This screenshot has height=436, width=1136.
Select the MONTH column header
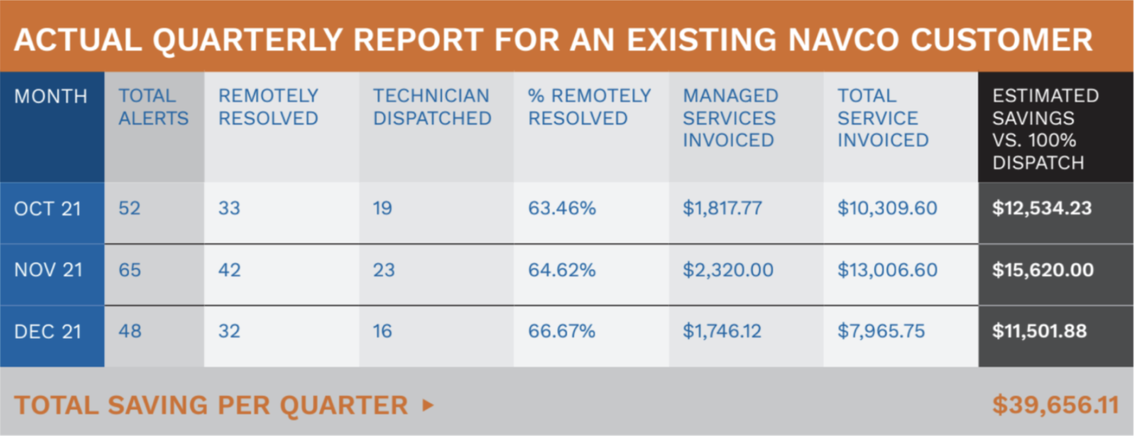click(x=50, y=96)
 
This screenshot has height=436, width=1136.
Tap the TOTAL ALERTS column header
click(x=153, y=107)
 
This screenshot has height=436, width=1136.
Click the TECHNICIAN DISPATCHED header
click(x=432, y=107)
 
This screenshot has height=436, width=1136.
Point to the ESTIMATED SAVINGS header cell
click(x=1045, y=129)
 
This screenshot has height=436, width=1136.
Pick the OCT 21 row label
click(x=48, y=209)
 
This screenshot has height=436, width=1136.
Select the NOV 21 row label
click(x=48, y=270)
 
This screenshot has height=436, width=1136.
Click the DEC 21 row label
click(x=48, y=331)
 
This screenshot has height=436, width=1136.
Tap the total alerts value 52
click(x=129, y=208)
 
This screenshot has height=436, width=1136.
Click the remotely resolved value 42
click(x=229, y=270)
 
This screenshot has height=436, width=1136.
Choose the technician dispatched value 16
click(x=382, y=331)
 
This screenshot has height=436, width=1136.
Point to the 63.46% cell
click(x=561, y=208)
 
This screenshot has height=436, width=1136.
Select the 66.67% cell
click(x=561, y=331)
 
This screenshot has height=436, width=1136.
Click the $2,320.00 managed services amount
click(x=727, y=270)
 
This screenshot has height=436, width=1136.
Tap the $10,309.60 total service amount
click(x=887, y=208)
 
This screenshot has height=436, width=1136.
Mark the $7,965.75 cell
click(x=881, y=331)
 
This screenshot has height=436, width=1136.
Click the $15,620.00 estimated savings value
click(x=1042, y=270)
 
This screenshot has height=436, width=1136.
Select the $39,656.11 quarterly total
click(x=1055, y=405)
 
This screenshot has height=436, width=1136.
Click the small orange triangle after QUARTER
click(x=427, y=405)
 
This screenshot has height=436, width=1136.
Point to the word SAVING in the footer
click(x=158, y=405)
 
